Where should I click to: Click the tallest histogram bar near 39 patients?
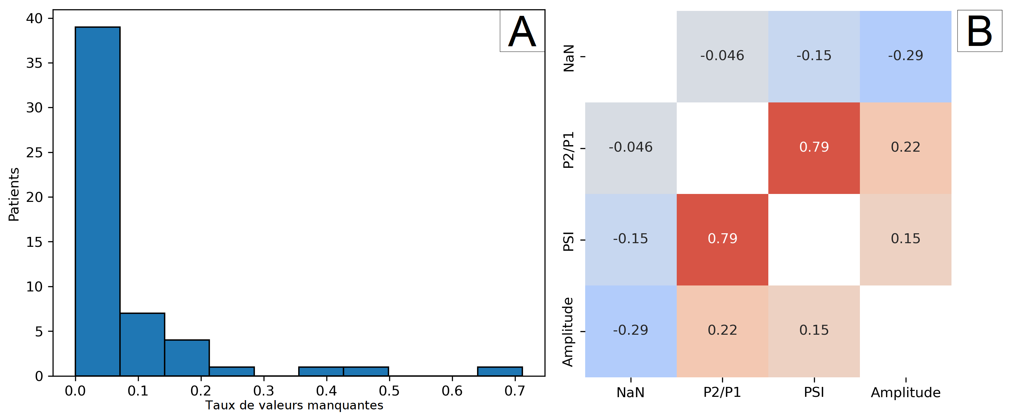click(x=98, y=201)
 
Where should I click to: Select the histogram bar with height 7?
click(x=142, y=345)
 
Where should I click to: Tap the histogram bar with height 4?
click(x=187, y=358)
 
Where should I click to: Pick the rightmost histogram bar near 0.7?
click(x=500, y=371)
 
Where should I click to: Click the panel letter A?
click(x=522, y=32)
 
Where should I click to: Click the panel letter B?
click(x=979, y=32)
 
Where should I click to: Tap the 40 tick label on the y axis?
click(x=34, y=18)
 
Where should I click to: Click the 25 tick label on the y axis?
click(x=34, y=152)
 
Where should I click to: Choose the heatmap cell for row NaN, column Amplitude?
click(x=905, y=56)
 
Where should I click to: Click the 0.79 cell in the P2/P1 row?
click(x=814, y=148)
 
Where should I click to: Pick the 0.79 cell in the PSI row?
click(x=722, y=239)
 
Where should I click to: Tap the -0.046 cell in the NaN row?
click(x=722, y=56)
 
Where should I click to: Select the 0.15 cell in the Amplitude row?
click(x=814, y=331)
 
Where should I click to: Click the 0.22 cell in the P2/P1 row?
click(x=905, y=148)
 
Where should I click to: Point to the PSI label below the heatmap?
click(x=814, y=392)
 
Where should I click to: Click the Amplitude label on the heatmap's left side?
click(x=568, y=332)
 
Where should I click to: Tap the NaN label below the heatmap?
click(x=631, y=392)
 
